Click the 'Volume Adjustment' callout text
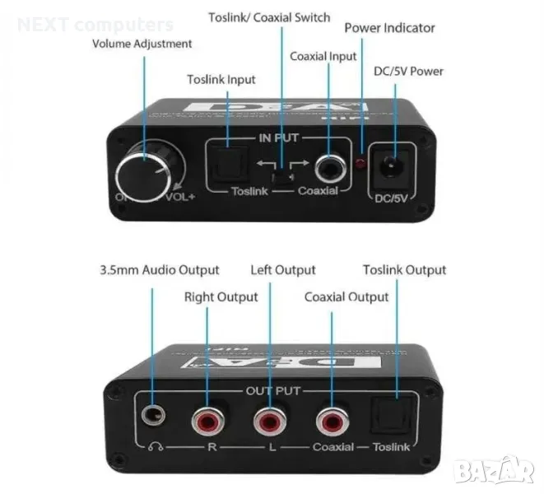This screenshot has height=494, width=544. click(142, 44)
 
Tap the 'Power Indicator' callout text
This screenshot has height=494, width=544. click(389, 28)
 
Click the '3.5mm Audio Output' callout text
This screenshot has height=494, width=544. click(160, 270)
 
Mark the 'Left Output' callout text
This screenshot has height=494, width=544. click(283, 270)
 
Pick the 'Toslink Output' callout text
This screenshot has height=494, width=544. click(405, 270)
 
